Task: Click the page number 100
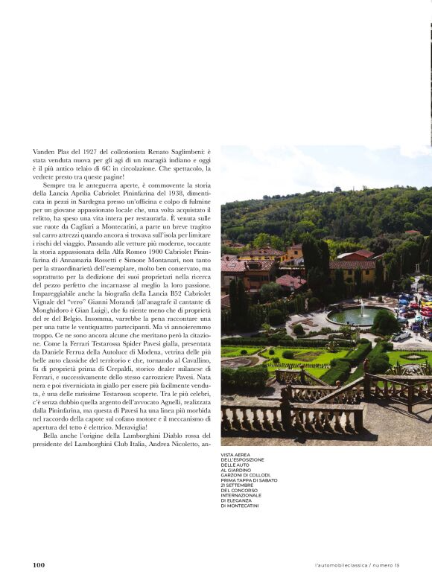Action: (39, 565)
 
